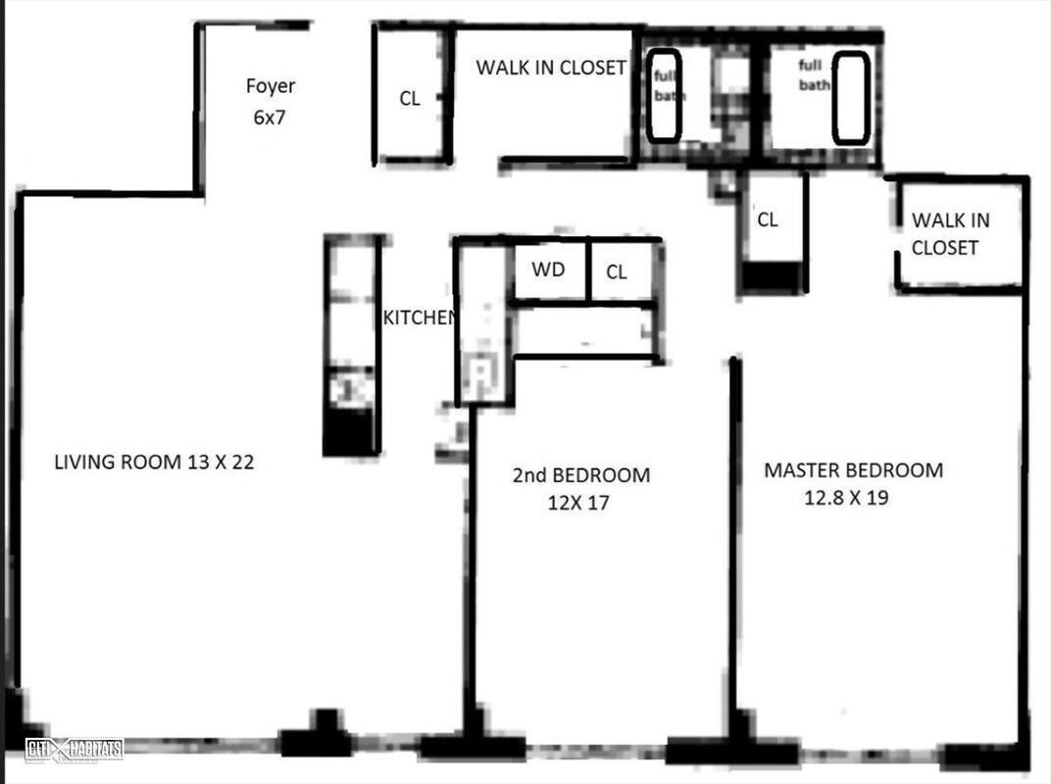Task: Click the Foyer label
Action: click(x=270, y=86)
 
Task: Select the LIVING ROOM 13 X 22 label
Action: click(x=154, y=463)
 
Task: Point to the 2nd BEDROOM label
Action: click(x=580, y=476)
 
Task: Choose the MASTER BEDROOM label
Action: click(x=853, y=470)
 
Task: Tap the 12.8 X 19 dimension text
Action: click(x=846, y=498)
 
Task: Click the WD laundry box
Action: click(x=548, y=269)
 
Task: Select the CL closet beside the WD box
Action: click(x=617, y=272)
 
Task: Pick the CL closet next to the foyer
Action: click(x=410, y=98)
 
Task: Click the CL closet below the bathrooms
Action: click(x=768, y=220)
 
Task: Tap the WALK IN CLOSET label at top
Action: click(x=550, y=68)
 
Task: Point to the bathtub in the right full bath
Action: click(x=850, y=97)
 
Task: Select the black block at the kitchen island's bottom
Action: click(x=349, y=431)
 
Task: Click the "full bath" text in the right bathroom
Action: click(x=813, y=75)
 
